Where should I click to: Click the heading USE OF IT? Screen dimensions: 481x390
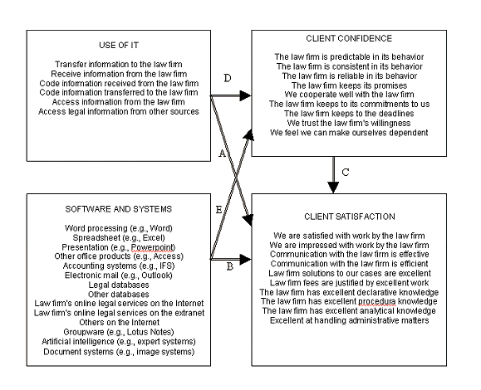[x=117, y=45]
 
